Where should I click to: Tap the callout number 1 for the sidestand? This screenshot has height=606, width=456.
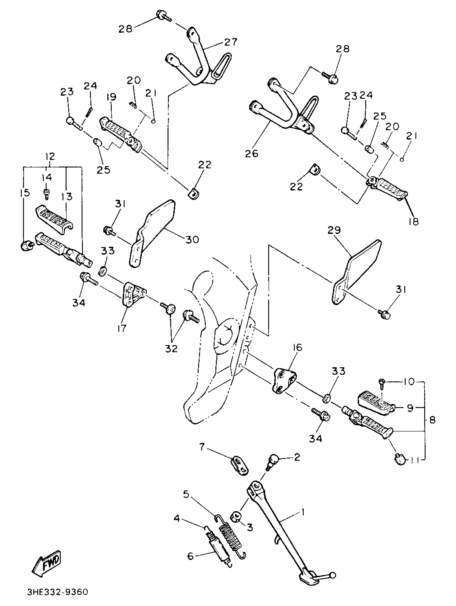tap(303, 511)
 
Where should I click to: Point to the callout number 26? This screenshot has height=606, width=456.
tap(252, 154)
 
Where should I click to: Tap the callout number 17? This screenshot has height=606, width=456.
tap(122, 328)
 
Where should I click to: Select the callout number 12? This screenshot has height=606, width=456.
tap(50, 156)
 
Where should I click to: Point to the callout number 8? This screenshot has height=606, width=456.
tap(432, 420)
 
